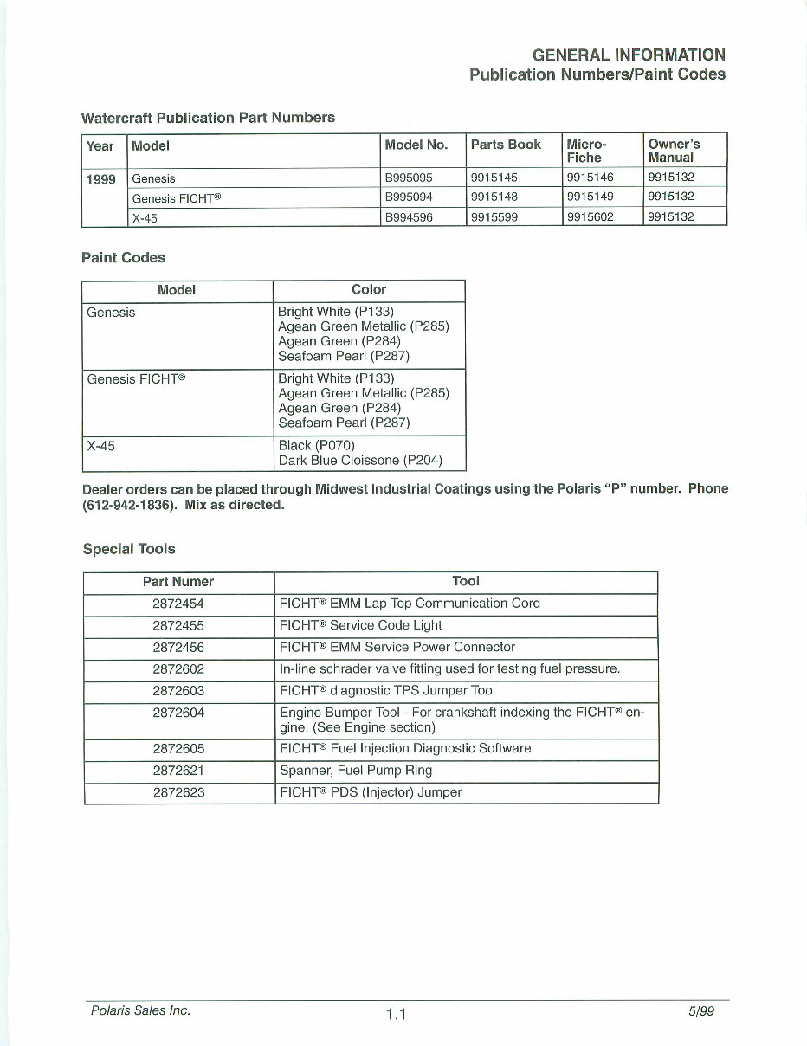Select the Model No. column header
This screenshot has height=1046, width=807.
(x=416, y=145)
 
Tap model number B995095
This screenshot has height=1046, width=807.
(x=409, y=178)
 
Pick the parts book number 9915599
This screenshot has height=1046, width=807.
(x=494, y=217)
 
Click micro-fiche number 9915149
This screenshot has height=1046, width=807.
(x=590, y=197)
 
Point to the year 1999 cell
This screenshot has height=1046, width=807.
(x=100, y=178)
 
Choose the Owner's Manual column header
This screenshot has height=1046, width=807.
(x=674, y=151)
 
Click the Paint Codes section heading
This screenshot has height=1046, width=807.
(x=123, y=257)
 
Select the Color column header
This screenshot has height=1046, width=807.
(x=369, y=290)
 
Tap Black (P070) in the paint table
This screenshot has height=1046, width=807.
(x=317, y=446)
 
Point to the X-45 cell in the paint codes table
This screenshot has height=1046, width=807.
(x=101, y=446)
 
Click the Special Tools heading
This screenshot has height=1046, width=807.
(x=129, y=549)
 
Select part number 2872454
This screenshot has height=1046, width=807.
(x=178, y=604)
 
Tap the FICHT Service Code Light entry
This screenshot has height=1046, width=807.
(x=360, y=625)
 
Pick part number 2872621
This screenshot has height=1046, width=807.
(x=178, y=771)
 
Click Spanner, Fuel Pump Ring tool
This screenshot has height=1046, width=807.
(x=356, y=771)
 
